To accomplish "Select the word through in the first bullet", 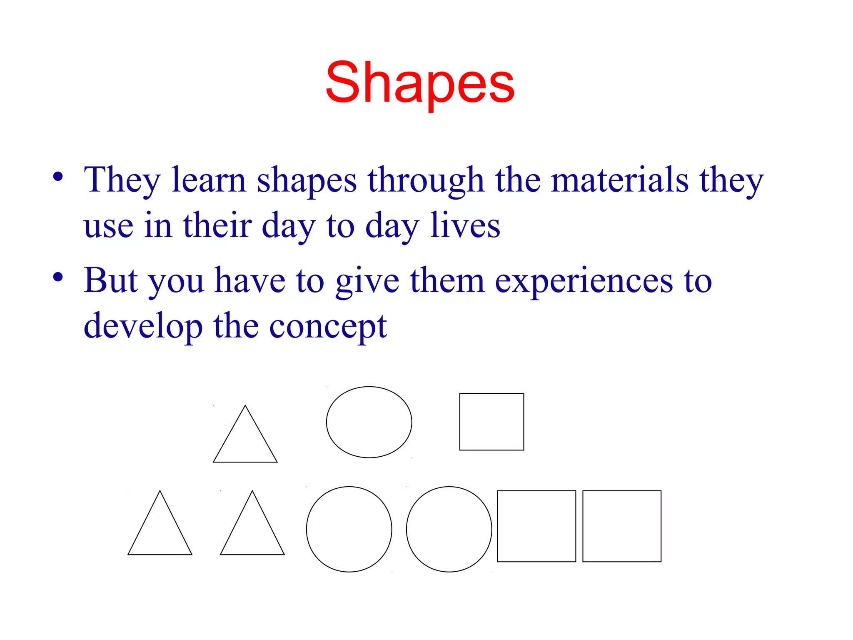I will (x=426, y=180).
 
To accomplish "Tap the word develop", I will (x=143, y=326).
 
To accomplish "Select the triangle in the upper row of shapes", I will (x=245, y=442).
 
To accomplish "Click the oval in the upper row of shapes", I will (x=369, y=422).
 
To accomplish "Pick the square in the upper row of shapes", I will (x=491, y=422).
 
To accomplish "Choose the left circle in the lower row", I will (x=349, y=529).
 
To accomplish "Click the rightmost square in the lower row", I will (x=622, y=526).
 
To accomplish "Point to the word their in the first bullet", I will (x=217, y=225).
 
